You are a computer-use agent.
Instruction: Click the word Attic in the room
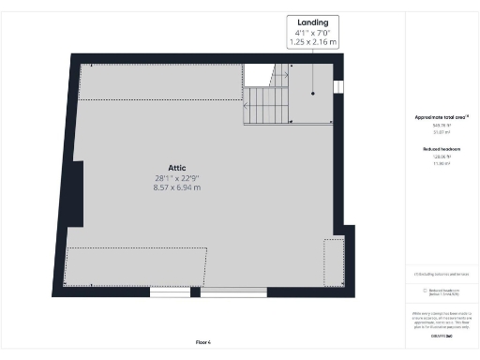[x=177, y=167]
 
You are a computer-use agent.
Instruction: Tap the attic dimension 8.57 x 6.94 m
[x=177, y=187]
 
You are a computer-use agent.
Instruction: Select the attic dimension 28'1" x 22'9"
[x=177, y=178]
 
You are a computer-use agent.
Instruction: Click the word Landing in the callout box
[x=313, y=22]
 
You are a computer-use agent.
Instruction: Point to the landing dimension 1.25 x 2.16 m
[x=313, y=42]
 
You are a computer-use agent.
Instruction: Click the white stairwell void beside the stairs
[x=258, y=74]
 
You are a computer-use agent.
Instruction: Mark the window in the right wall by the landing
[x=338, y=87]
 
